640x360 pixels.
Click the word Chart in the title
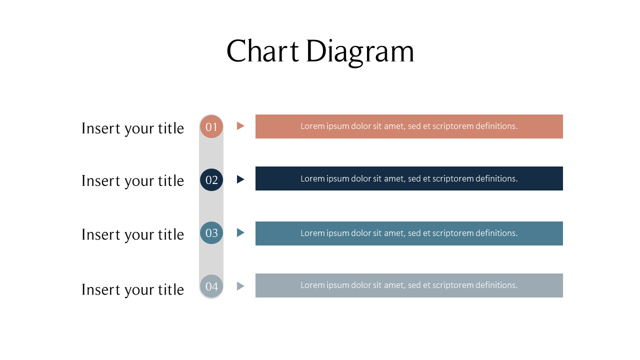click(x=262, y=51)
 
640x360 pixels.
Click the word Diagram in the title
click(x=360, y=51)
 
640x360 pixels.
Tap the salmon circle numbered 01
click(x=211, y=126)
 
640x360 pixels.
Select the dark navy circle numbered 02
click(x=211, y=180)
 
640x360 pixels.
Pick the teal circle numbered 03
click(x=211, y=233)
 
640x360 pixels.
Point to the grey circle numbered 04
click(x=211, y=286)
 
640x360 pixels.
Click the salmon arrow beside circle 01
click(x=240, y=126)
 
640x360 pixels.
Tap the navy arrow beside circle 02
click(x=240, y=179)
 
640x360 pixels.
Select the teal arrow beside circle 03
click(x=240, y=232)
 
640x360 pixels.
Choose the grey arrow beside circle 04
click(x=240, y=286)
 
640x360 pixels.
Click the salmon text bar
click(x=409, y=126)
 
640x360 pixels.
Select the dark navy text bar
click(x=409, y=178)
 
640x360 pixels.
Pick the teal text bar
click(x=409, y=233)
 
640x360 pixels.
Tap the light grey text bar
click(x=409, y=285)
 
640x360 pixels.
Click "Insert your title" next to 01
click(x=132, y=128)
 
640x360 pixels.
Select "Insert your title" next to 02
click(x=132, y=181)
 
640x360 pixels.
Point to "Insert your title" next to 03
click(x=132, y=234)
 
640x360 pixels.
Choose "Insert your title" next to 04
click(x=132, y=289)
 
